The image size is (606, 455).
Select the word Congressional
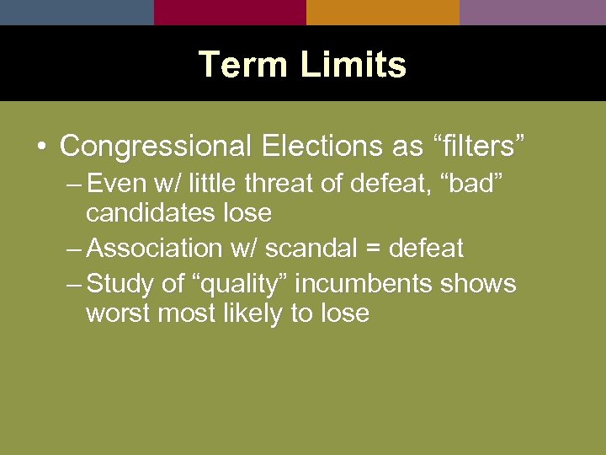pos(156,146)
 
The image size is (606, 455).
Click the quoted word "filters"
pos(477,146)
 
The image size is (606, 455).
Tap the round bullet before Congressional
pos(41,147)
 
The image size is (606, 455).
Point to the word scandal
pos(308,248)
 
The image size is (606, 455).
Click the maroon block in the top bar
pos(230,12)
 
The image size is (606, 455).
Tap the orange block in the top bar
pos(382,12)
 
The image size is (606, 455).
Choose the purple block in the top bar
pos(533,12)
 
